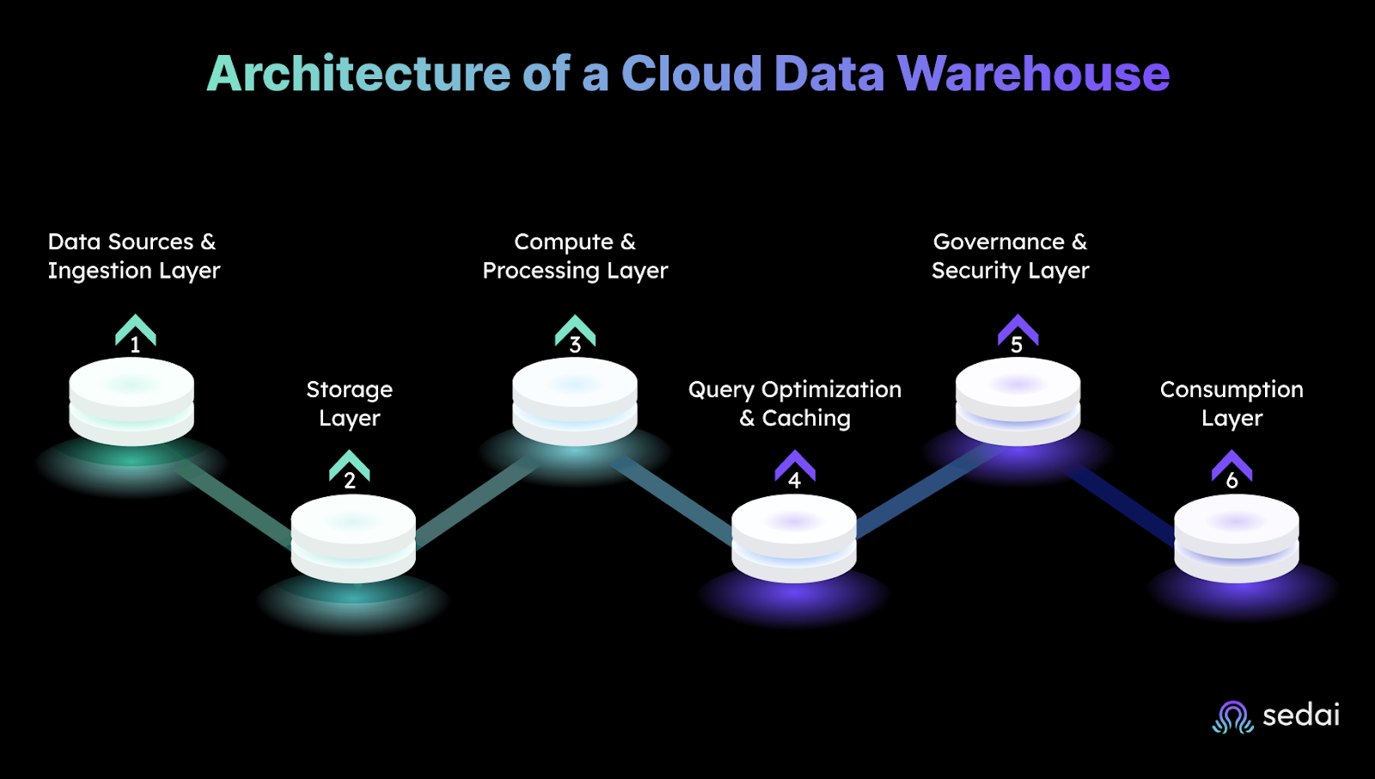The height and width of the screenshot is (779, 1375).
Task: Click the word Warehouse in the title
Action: [1033, 74]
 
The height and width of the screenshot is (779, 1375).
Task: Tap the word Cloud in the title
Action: [691, 74]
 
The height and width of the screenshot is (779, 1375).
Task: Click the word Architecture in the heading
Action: [358, 74]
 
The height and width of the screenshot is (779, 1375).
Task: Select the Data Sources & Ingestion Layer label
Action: [133, 256]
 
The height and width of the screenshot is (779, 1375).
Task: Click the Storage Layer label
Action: [349, 403]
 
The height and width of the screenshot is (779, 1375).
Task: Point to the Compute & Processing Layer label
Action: [575, 256]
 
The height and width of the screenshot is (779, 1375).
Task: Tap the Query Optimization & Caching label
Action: [795, 403]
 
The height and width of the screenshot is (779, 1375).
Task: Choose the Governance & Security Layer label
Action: [1011, 256]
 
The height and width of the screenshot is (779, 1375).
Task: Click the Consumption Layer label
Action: [1231, 403]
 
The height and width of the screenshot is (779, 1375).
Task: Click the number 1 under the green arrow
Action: [135, 346]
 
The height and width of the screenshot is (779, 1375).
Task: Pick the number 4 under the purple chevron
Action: [794, 481]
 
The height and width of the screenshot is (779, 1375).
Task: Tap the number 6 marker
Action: [1231, 481]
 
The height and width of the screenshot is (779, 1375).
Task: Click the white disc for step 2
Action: [353, 537]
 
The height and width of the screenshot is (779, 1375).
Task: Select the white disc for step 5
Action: [1017, 401]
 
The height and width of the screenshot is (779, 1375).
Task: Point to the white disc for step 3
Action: [575, 401]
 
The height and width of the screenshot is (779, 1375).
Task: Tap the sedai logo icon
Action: [1232, 717]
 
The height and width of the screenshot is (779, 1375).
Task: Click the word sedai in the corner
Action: [1300, 715]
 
